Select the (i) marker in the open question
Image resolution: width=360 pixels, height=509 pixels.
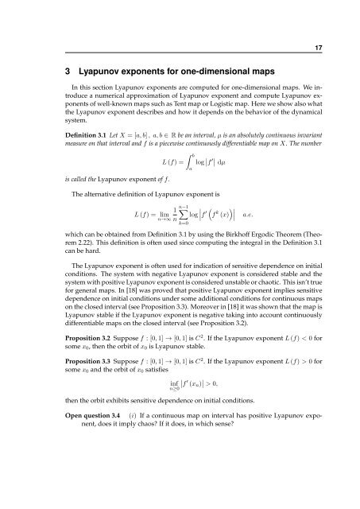(128, 467)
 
